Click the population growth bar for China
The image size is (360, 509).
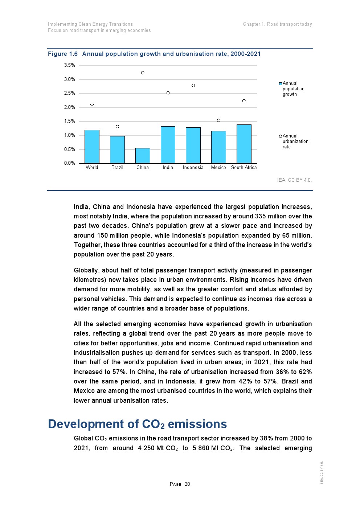[x=143, y=156]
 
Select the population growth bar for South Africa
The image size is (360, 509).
[x=244, y=144]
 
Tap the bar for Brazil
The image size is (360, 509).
[x=117, y=150]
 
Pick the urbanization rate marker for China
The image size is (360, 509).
[x=143, y=73]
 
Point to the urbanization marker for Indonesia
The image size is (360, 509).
[x=193, y=86]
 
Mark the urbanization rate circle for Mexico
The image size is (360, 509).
[x=218, y=120]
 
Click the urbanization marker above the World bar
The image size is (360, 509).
[x=92, y=104]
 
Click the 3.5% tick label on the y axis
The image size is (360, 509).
[x=70, y=65]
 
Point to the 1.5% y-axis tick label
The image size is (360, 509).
[x=70, y=121]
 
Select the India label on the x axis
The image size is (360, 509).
[x=168, y=168]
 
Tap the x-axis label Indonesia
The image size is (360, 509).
[x=193, y=168]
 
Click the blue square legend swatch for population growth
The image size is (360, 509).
[x=281, y=84]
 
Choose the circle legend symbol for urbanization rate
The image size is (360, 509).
[x=281, y=136]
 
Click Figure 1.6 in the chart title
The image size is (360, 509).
[x=63, y=54]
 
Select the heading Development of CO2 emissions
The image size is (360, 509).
[x=138, y=424]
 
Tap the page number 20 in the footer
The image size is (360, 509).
[x=187, y=484]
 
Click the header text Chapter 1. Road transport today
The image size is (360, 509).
[x=277, y=24]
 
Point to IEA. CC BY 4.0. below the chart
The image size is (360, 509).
[x=294, y=180]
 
